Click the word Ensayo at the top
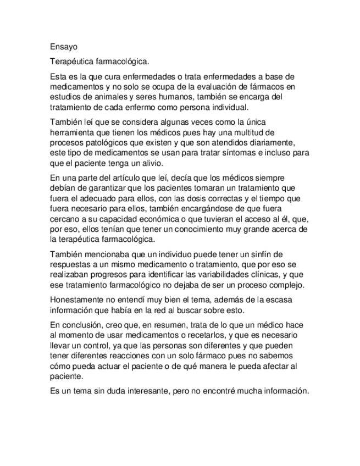pyautogui.click(x=60, y=47)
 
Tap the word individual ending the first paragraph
pyautogui.click(x=228, y=107)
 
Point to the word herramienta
pyautogui.click(x=73, y=132)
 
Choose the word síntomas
pyautogui.click(x=238, y=152)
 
